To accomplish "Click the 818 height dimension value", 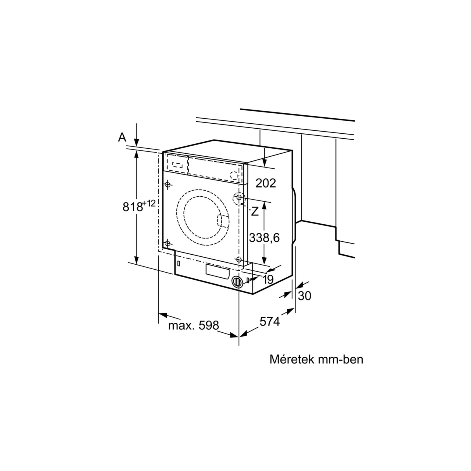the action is [x=132, y=207].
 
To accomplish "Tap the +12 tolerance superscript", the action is [x=149, y=203].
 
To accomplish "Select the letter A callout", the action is [x=122, y=137].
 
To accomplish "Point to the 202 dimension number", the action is [x=266, y=183].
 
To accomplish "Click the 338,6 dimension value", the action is [x=264, y=238].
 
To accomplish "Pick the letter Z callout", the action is [x=255, y=211].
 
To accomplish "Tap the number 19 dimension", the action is [x=268, y=279].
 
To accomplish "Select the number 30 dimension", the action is [x=304, y=296].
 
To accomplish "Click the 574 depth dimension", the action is [x=270, y=321].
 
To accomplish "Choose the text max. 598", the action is [x=194, y=325].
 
